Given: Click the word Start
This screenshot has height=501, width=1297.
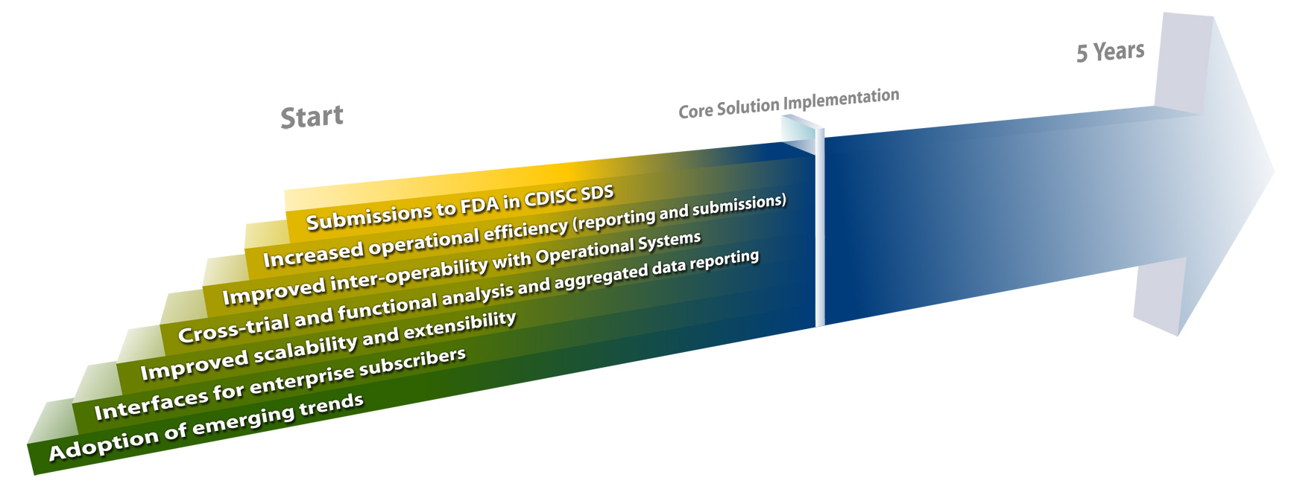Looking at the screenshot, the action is click(312, 117).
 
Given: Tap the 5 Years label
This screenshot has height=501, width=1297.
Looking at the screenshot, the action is click(1110, 51).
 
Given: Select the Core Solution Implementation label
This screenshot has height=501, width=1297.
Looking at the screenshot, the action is click(789, 103).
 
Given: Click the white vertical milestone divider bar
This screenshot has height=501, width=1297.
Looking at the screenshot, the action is click(820, 227).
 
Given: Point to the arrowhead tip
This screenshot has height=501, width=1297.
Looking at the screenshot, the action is click(1274, 172).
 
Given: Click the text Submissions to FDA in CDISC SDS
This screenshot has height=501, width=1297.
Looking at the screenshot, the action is click(460, 208).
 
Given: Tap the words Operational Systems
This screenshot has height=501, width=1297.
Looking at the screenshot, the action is click(618, 249).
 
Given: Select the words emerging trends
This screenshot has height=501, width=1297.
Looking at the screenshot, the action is click(278, 417).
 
